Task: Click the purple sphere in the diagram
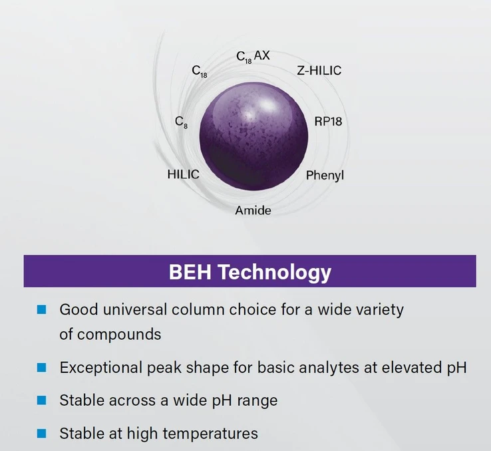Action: click(253, 136)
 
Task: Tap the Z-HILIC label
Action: click(319, 71)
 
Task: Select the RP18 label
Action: click(328, 122)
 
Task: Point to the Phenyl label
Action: click(325, 175)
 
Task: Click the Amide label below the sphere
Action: click(253, 210)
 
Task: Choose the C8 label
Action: click(182, 122)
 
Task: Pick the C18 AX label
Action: click(253, 57)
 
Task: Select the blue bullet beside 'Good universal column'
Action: click(41, 309)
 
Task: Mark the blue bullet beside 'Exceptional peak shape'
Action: click(41, 367)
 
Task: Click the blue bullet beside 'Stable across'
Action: click(41, 400)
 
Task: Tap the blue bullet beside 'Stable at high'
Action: click(41, 434)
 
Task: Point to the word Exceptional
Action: click(101, 368)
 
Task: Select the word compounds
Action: click(119, 335)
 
